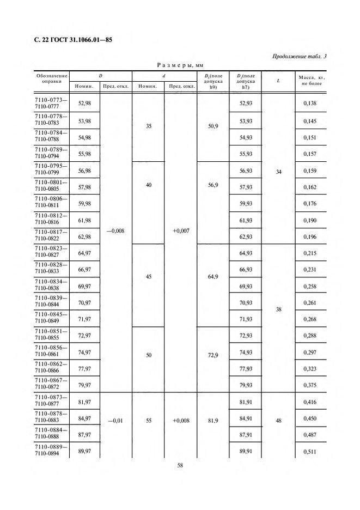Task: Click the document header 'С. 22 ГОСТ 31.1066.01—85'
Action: (74, 40)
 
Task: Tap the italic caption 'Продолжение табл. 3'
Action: (298, 57)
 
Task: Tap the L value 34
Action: (279, 172)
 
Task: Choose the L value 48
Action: (279, 420)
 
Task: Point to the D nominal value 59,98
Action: (84, 205)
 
